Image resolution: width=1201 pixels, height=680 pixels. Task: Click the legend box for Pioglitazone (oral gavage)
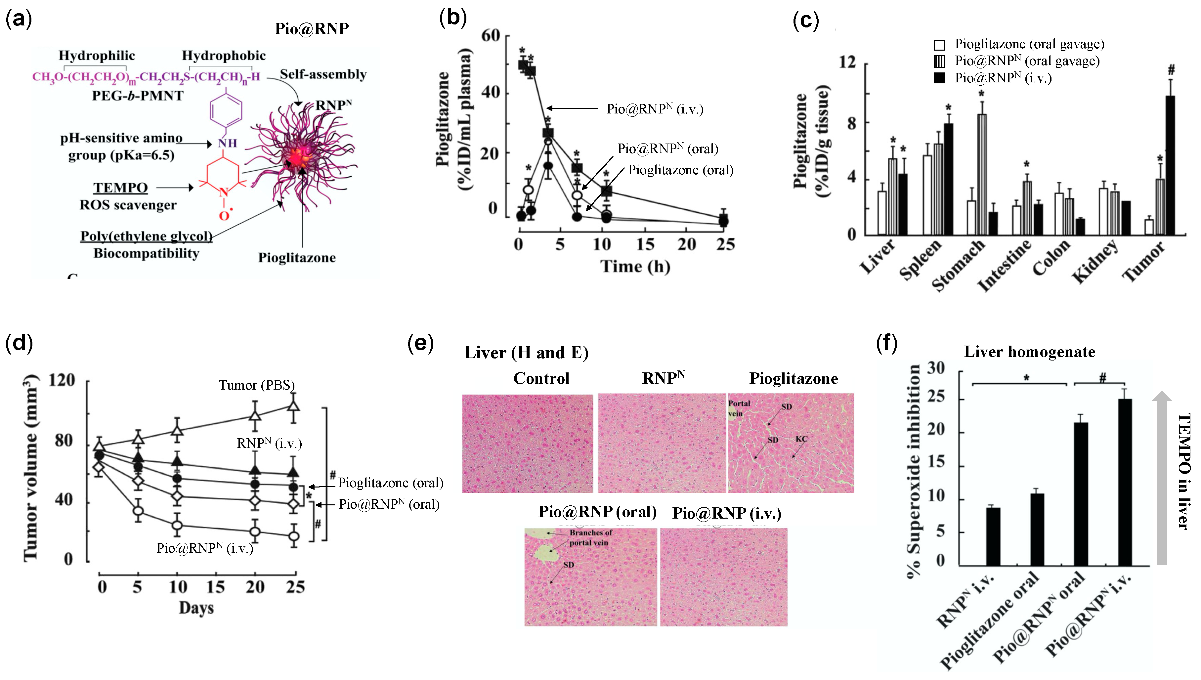coord(939,45)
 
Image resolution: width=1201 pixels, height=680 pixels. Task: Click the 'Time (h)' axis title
coord(635,266)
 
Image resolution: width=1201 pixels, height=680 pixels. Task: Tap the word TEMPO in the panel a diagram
coord(120,188)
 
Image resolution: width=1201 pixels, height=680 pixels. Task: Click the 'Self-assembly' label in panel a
coord(323,74)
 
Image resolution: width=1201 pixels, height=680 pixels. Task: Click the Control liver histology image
coord(527,443)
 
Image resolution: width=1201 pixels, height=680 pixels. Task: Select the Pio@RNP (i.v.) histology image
coord(723,577)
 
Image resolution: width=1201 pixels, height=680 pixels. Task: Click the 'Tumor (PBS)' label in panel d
coord(256,385)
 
